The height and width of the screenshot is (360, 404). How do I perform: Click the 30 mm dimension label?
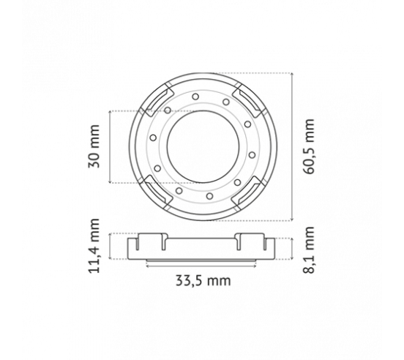click(x=94, y=146)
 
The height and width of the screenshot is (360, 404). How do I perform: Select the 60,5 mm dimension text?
click(x=309, y=146)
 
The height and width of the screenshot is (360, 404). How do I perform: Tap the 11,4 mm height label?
click(x=94, y=246)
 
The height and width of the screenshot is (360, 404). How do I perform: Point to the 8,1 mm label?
click(x=309, y=250)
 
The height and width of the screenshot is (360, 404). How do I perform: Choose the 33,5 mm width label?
click(x=203, y=281)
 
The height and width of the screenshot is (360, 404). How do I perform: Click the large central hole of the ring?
click(x=203, y=147)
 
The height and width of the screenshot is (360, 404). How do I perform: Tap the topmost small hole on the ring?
click(x=195, y=97)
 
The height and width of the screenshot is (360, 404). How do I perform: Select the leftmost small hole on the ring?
click(x=153, y=138)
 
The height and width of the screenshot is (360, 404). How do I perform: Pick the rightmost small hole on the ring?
click(x=252, y=155)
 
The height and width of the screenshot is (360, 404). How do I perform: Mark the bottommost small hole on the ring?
click(x=210, y=197)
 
